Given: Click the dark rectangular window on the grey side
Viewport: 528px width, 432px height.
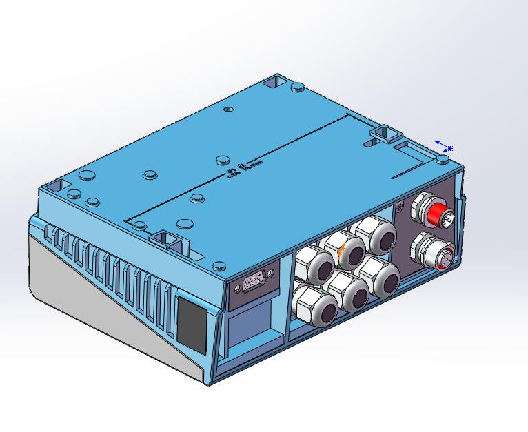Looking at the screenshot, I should coord(191,322).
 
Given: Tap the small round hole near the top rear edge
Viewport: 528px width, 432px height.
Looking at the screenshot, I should coord(230,109).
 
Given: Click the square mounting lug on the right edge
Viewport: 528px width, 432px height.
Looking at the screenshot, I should coord(386,132).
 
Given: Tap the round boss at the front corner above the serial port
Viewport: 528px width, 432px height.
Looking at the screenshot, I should coord(219,265).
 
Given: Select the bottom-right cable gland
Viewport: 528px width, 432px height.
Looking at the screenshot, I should coord(383,278).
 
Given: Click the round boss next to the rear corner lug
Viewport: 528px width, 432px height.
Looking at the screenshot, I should coord(298,88).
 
